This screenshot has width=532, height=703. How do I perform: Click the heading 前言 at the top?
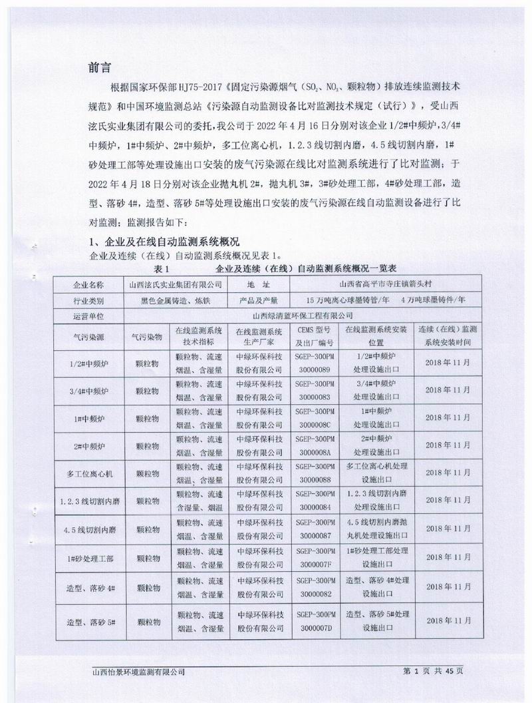click(x=99, y=68)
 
